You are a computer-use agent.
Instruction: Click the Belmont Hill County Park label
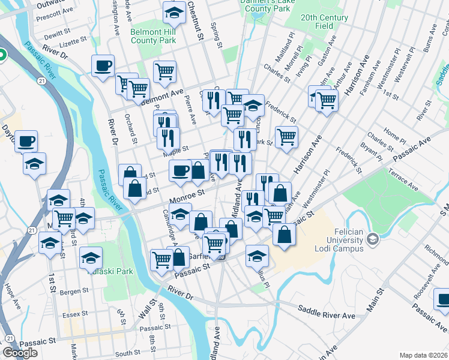point(153,36)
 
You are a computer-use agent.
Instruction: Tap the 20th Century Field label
point(325,22)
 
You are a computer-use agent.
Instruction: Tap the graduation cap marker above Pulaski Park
point(91,258)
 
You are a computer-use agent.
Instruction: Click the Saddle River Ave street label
point(332,315)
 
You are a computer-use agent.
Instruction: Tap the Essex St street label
point(75,313)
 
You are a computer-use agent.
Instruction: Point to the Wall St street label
point(143,312)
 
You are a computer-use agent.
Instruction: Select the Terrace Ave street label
point(403,181)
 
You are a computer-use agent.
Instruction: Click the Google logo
point(20,353)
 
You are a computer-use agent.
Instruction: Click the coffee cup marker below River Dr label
point(103,65)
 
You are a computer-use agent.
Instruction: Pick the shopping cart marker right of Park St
point(287,137)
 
